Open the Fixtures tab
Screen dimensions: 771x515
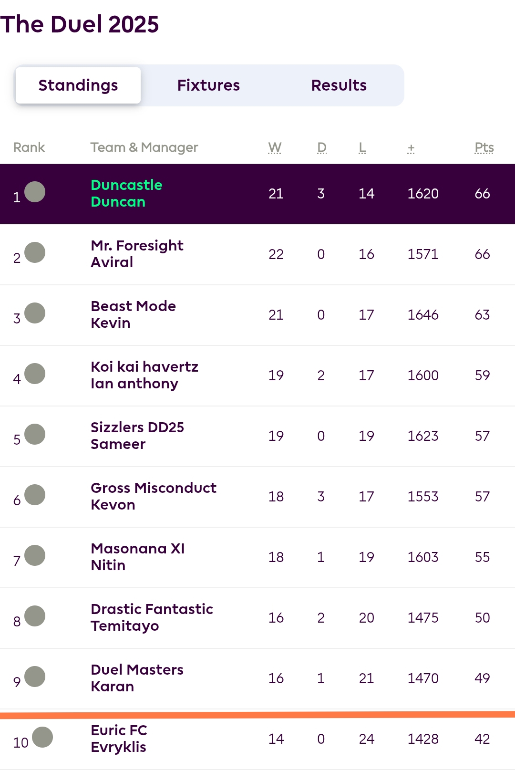pyautogui.click(x=208, y=85)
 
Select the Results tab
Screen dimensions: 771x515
pyautogui.click(x=339, y=85)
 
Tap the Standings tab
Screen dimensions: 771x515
pyautogui.click(x=78, y=85)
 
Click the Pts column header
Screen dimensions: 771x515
pyautogui.click(x=484, y=147)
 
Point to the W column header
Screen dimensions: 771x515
pyautogui.click(x=275, y=147)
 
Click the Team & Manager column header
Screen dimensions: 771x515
pyautogui.click(x=144, y=147)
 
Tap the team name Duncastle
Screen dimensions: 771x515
pyautogui.click(x=126, y=185)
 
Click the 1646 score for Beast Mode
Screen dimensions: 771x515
pyautogui.click(x=422, y=315)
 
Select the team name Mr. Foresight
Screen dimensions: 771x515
pyautogui.click(x=137, y=246)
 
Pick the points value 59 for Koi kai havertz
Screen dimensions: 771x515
pyautogui.click(x=482, y=375)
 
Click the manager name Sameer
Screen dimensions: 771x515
pyautogui.click(x=118, y=444)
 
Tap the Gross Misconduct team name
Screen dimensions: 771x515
pyautogui.click(x=153, y=488)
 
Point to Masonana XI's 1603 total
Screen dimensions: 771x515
pyautogui.click(x=422, y=557)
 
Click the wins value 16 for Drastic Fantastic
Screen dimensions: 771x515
pyautogui.click(x=276, y=618)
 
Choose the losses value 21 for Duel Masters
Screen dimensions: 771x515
pyautogui.click(x=366, y=678)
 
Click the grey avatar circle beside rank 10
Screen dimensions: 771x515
pyautogui.click(x=42, y=737)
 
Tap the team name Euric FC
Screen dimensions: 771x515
pyautogui.click(x=119, y=730)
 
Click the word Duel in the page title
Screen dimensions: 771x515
pyautogui.click(x=76, y=24)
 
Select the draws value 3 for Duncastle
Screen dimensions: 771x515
pyautogui.click(x=321, y=194)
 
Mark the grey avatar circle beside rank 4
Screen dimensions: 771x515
pyautogui.click(x=35, y=374)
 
